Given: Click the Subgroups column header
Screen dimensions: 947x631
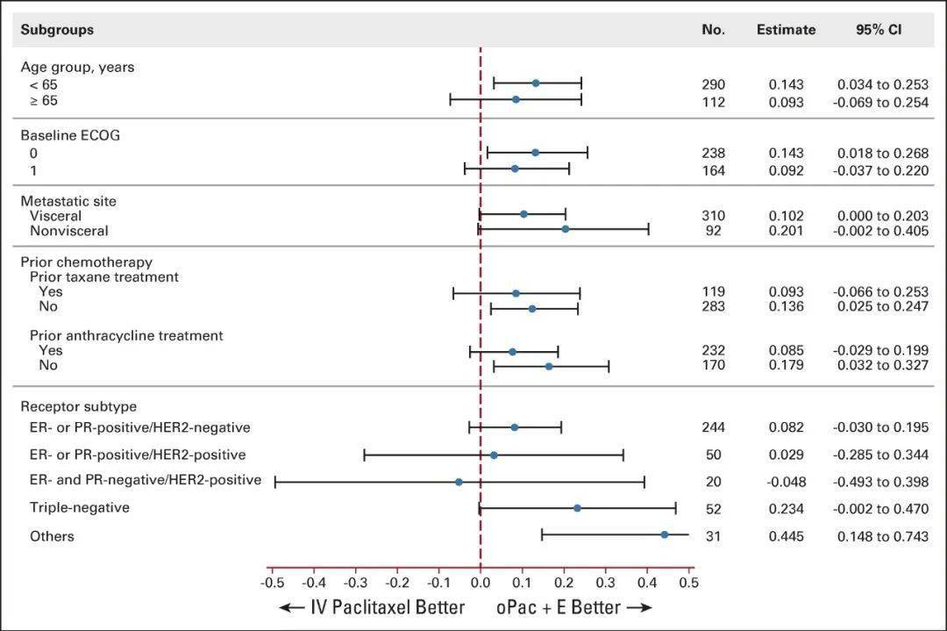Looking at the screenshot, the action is (x=57, y=30).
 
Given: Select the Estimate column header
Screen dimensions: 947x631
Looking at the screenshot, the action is (x=786, y=30).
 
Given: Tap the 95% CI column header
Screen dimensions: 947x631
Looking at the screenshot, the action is (x=879, y=30).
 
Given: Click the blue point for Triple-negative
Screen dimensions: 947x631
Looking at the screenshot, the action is (x=577, y=508).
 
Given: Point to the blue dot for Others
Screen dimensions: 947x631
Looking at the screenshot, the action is (x=665, y=534).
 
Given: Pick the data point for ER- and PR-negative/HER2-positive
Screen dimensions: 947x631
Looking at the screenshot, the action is (x=459, y=482).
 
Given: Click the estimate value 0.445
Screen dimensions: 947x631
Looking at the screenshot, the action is (x=787, y=536).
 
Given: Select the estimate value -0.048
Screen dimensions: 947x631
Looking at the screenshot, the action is (x=787, y=482).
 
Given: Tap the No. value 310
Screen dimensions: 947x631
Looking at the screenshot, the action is (x=713, y=216).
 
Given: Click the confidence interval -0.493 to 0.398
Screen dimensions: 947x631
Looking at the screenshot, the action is (x=880, y=482).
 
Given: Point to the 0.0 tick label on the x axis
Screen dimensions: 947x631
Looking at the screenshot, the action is (x=481, y=583).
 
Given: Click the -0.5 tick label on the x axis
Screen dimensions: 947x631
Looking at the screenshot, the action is (x=273, y=583).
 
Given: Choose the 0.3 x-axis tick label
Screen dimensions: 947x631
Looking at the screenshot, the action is (x=605, y=583).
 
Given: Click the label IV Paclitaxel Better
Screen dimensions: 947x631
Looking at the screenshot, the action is (x=388, y=607).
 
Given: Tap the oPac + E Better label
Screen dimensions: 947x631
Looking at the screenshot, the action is (x=559, y=607).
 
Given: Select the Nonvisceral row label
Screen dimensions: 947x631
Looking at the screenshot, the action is (x=69, y=231).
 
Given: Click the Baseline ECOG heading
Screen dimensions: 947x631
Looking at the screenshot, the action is (x=70, y=135).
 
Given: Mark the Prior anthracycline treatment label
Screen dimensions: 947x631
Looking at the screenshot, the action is (x=126, y=335).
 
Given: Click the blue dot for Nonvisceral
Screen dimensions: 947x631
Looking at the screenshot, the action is (x=566, y=229).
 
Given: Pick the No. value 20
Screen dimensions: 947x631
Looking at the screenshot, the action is (x=713, y=482).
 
